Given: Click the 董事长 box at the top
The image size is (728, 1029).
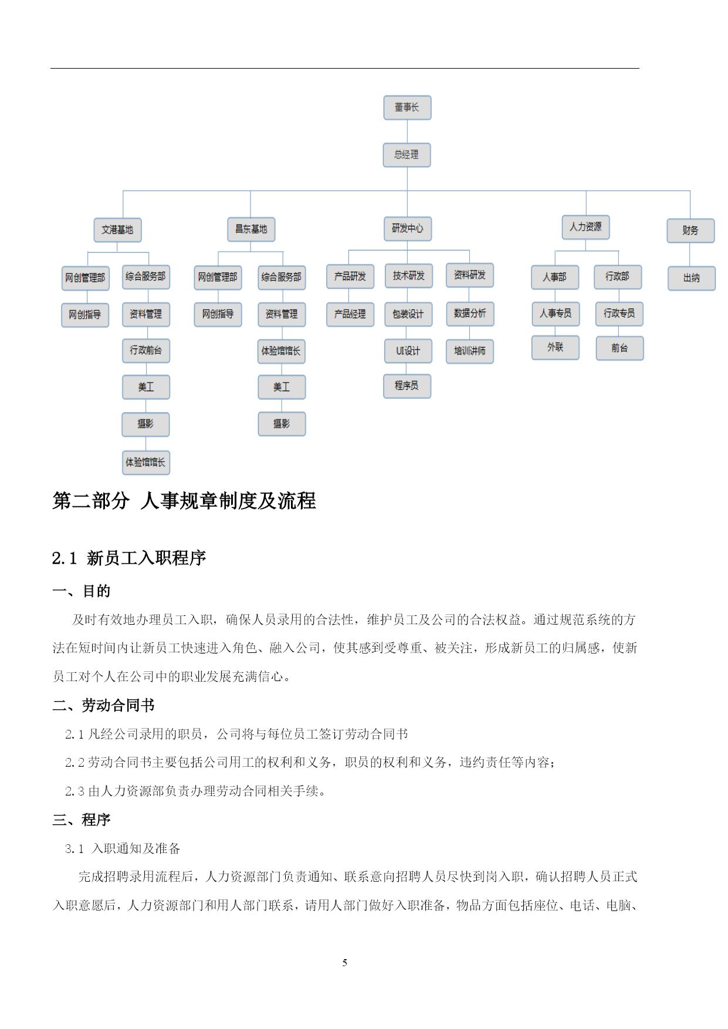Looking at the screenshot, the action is (x=407, y=108).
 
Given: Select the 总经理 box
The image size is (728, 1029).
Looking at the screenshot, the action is (x=407, y=155).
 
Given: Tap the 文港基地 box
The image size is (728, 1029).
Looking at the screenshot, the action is (x=117, y=230).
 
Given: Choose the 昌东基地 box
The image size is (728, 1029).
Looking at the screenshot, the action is (x=251, y=229).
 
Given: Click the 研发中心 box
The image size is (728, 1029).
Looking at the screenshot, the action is (x=408, y=229).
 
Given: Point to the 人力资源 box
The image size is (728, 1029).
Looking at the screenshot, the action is (x=586, y=227).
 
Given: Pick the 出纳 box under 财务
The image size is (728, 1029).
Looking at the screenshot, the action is (x=692, y=278).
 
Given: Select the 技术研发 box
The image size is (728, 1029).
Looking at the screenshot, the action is (x=409, y=276).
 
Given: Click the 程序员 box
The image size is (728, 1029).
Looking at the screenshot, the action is (x=407, y=386).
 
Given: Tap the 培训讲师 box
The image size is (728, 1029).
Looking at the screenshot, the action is (x=470, y=351).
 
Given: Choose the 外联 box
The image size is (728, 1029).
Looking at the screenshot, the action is (x=556, y=347).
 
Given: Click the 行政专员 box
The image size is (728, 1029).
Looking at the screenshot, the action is (x=619, y=314).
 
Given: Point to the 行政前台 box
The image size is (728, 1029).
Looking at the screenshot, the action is (x=146, y=351).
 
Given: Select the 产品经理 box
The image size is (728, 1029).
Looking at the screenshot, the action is (x=350, y=314).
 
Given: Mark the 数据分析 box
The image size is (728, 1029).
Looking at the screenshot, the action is (x=470, y=314).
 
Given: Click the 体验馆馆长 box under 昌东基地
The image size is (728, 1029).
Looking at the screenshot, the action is (x=282, y=351).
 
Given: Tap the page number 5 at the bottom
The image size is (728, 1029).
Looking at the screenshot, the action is (x=345, y=963).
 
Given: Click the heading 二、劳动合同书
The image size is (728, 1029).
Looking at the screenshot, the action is (x=103, y=705).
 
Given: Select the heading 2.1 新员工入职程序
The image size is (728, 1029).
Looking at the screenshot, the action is (x=129, y=558).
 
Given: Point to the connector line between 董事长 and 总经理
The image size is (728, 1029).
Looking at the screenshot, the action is (x=407, y=131).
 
